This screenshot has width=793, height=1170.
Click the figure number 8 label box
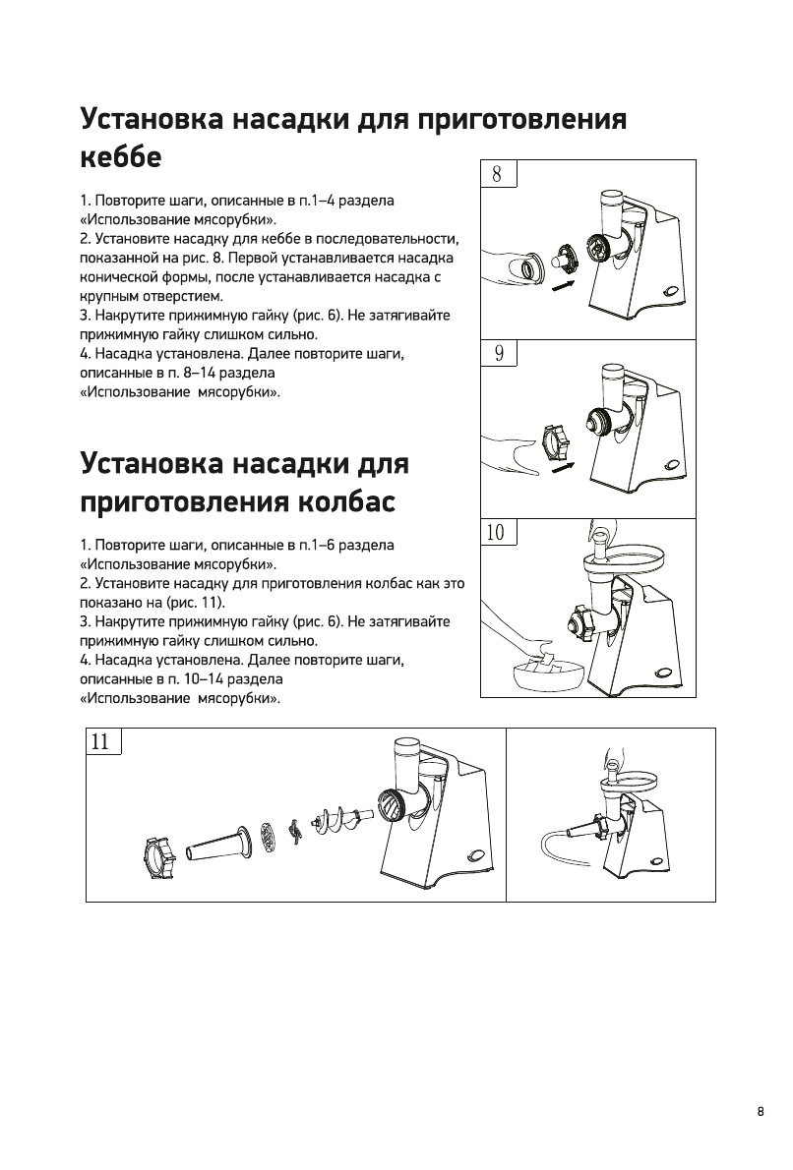pyautogui.click(x=497, y=174)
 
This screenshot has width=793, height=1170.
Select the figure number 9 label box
pyautogui.click(x=498, y=353)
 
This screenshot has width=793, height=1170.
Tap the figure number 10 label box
pyautogui.click(x=496, y=532)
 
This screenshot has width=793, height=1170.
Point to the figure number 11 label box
pyautogui.click(x=101, y=741)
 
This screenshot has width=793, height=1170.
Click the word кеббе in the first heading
pyautogui.click(x=119, y=156)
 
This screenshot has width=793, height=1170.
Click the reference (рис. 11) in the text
pyautogui.click(x=199, y=602)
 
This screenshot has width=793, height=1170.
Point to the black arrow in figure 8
pyautogui.click(x=562, y=285)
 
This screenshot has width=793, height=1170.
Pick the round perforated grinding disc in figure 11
pyautogui.click(x=268, y=838)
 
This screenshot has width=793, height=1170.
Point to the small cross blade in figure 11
pyautogui.click(x=292, y=832)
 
